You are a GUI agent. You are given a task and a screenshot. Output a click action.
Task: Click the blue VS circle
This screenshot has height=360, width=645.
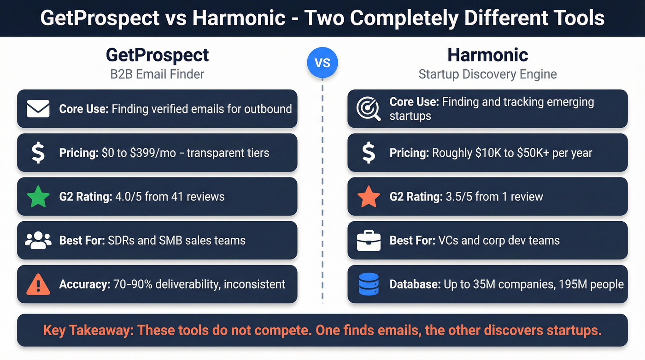tap(322, 62)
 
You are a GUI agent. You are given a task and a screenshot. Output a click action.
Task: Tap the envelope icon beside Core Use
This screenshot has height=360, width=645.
tap(38, 109)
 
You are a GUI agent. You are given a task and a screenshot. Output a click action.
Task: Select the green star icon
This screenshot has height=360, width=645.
tap(38, 197)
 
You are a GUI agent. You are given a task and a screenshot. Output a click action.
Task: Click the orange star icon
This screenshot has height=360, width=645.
tap(369, 197)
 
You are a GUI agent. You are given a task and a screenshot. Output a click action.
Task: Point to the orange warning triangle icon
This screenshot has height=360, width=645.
tap(38, 284)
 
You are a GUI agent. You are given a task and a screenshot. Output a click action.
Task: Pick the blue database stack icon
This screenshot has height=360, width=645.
tap(369, 284)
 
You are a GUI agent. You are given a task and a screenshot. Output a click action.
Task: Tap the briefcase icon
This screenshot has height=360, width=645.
tap(369, 241)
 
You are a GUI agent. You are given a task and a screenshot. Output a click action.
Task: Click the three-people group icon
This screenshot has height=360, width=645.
tap(38, 241)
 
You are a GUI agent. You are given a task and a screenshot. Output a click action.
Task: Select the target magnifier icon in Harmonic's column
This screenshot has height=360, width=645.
tap(369, 109)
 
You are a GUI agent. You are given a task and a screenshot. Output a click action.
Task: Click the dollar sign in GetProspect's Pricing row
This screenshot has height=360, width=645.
tap(38, 153)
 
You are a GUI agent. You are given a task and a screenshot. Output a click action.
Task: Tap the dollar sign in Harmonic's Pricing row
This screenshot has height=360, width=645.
tap(369, 153)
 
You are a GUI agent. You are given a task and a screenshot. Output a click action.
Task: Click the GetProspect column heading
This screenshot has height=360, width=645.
tap(157, 55)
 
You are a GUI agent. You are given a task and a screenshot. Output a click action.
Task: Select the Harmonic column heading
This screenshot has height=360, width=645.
tap(487, 55)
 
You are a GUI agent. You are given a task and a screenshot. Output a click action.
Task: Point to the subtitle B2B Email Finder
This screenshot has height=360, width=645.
tap(157, 74)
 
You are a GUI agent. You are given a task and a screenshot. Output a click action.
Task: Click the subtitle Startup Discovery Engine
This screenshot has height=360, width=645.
tap(487, 74)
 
